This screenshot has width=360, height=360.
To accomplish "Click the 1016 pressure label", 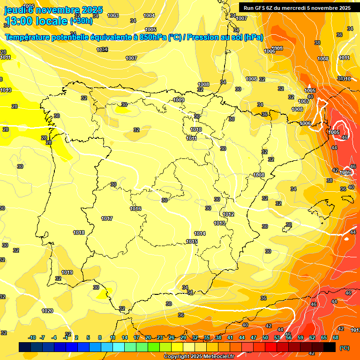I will click(x=135, y=209).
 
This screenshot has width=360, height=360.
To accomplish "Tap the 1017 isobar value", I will click(x=107, y=218).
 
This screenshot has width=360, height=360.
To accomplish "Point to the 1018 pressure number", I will click(x=79, y=232).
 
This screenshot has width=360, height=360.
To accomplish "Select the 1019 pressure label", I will click(x=67, y=272).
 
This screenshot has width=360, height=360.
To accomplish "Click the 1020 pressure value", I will click(x=47, y=311).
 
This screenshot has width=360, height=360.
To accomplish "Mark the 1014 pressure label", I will click(x=200, y=233).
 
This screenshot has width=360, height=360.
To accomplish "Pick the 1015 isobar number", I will click(x=191, y=241).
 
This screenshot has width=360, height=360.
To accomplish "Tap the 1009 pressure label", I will click(x=179, y=100).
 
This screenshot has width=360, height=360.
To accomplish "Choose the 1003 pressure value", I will click(x=113, y=15).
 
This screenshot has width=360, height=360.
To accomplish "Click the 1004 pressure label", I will click(x=149, y=15).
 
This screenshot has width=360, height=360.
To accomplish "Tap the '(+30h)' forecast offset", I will click(x=81, y=21).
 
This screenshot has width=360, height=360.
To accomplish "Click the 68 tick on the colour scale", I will click(x=336, y=337).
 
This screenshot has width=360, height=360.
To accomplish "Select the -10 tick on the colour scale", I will click(x=32, y=337).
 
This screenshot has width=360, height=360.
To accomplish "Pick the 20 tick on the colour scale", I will click(x=148, y=337).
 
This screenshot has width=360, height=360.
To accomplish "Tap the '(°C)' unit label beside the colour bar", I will click(x=344, y=348).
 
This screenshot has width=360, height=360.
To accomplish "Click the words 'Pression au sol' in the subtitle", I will click(x=214, y=37).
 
